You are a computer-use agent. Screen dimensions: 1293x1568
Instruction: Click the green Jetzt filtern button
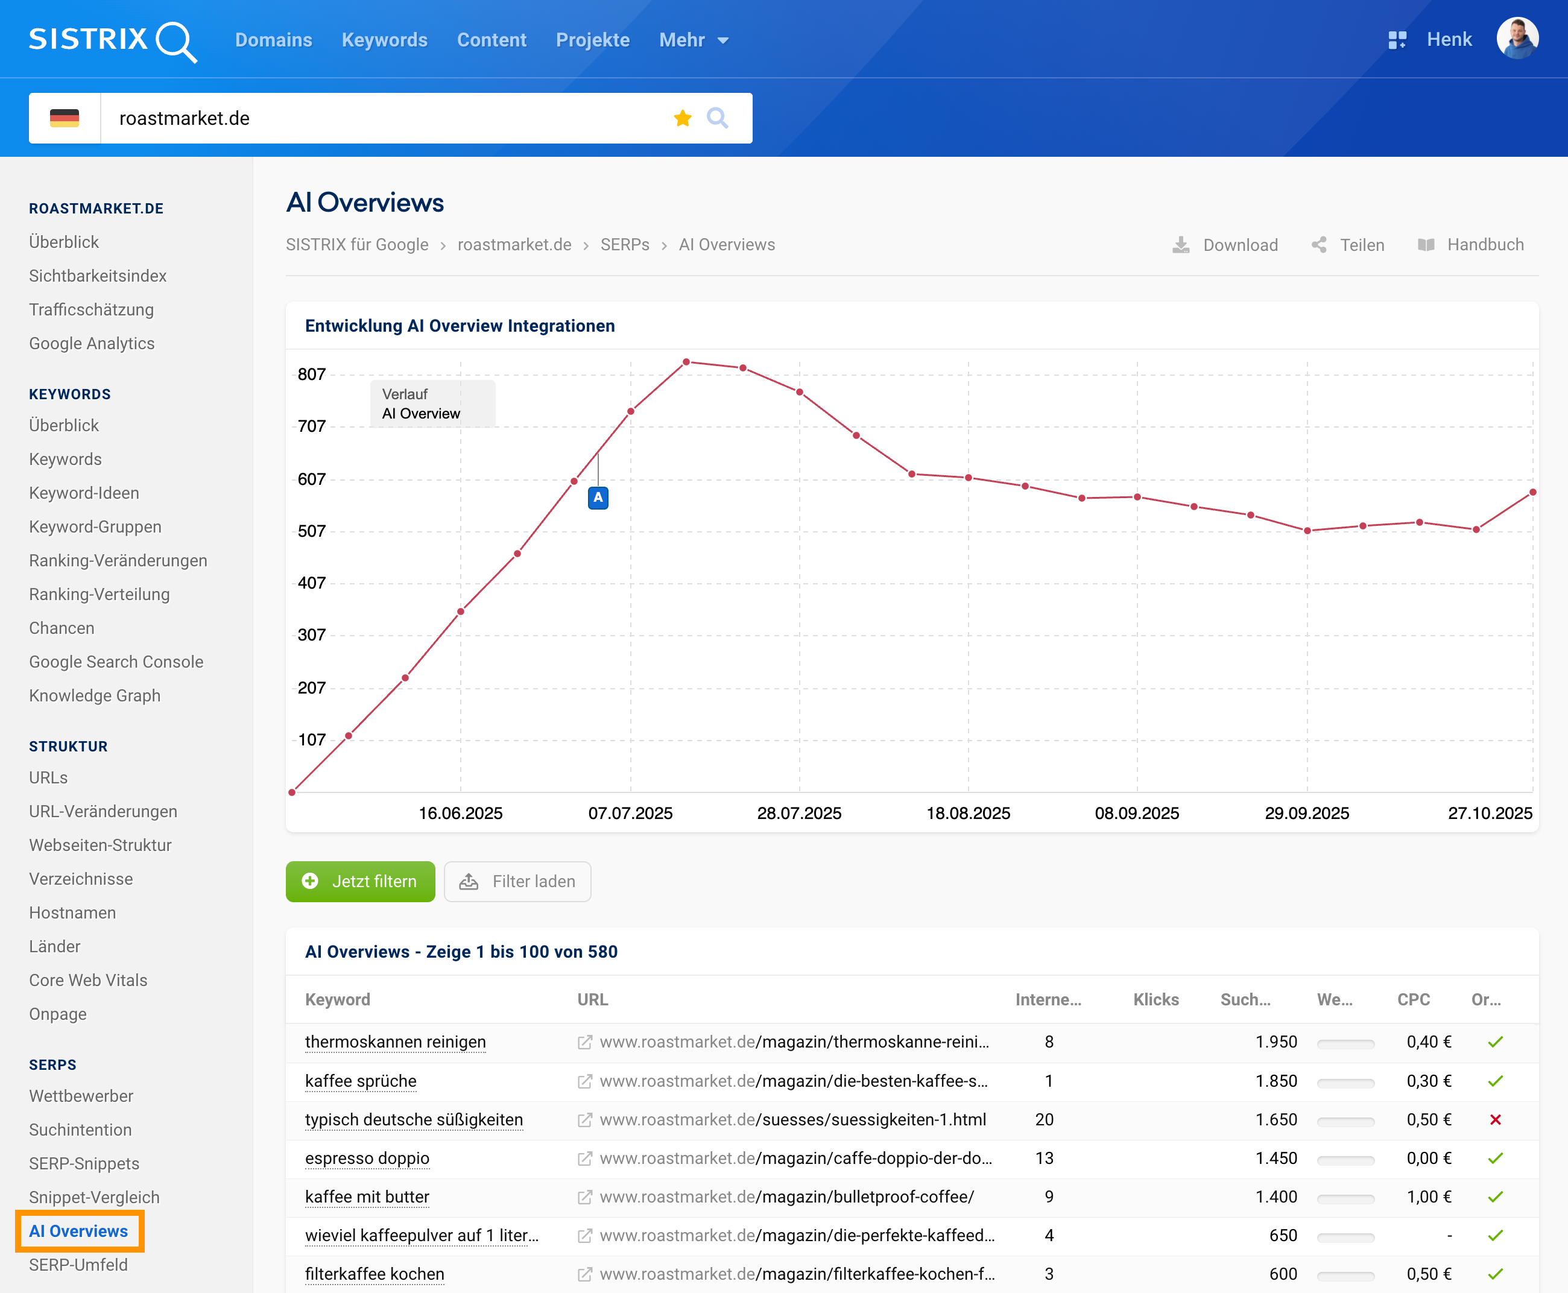[361, 881]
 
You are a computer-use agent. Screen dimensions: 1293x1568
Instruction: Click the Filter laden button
[517, 881]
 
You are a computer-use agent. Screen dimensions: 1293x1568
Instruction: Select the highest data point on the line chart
[686, 362]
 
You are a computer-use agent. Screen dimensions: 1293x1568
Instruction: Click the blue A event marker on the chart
[598, 498]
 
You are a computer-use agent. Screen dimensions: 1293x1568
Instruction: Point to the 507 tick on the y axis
[311, 531]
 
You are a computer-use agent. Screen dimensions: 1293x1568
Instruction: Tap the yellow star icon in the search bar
[682, 118]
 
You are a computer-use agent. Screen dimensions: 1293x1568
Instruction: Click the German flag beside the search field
[64, 118]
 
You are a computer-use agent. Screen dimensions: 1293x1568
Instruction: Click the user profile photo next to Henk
[1517, 39]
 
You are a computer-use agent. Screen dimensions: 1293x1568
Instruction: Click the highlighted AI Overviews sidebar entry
[79, 1231]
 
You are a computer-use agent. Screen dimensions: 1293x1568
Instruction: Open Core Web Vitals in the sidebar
[88, 980]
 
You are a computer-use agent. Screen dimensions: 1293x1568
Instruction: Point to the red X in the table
[1495, 1119]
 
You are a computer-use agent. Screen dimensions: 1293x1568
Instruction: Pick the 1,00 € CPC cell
[1429, 1197]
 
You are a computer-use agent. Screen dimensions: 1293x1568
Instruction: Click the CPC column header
[1413, 999]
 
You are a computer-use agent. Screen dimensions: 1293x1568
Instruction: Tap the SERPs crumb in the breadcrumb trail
[625, 245]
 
